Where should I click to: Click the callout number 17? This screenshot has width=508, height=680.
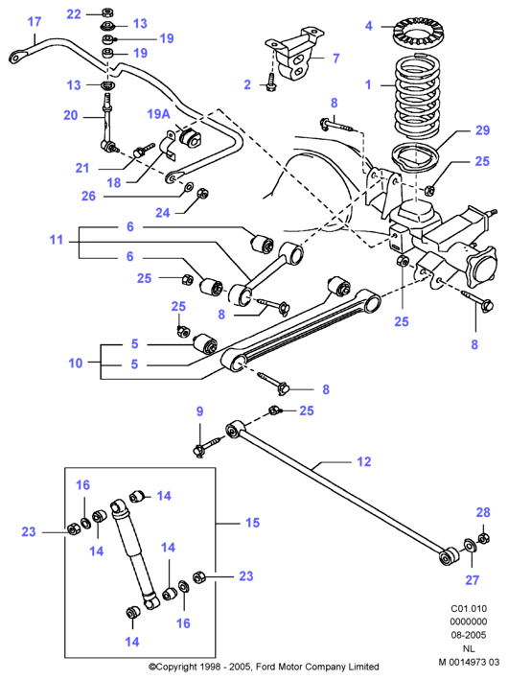pyautogui.click(x=35, y=22)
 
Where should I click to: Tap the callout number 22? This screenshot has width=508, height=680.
pyautogui.click(x=74, y=14)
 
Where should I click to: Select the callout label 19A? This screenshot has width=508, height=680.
pyautogui.click(x=159, y=114)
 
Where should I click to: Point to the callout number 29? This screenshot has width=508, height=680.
pyautogui.click(x=482, y=130)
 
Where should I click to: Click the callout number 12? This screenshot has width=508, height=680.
pyautogui.click(x=364, y=462)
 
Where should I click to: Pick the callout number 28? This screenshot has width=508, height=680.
pyautogui.click(x=483, y=512)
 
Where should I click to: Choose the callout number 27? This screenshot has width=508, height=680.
pyautogui.click(x=472, y=580)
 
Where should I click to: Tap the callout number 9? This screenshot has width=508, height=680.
pyautogui.click(x=199, y=411)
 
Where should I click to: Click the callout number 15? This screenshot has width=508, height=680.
pyautogui.click(x=252, y=523)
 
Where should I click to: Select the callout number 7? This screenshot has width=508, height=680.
pyautogui.click(x=335, y=59)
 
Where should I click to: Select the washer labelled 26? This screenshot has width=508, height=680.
pyautogui.click(x=190, y=187)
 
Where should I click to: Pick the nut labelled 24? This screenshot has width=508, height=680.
pyautogui.click(x=202, y=192)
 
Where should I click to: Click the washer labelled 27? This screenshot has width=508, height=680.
pyautogui.click(x=470, y=544)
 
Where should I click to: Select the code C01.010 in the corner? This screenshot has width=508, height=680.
pyautogui.click(x=469, y=608)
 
